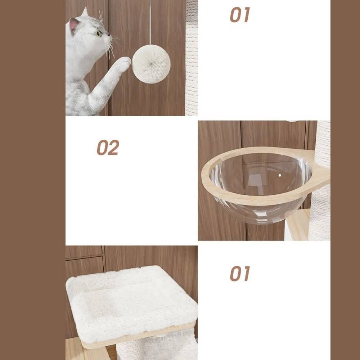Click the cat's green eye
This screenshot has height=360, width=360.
click(x=99, y=34)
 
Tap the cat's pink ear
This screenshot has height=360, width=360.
click(x=74, y=24)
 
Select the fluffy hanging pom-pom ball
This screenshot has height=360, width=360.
click(x=151, y=64)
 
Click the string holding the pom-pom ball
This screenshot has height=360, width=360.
click(x=150, y=22)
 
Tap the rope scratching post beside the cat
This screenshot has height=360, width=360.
click(x=192, y=58)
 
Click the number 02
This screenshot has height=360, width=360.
click(x=108, y=147)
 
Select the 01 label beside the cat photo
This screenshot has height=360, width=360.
click(x=240, y=15)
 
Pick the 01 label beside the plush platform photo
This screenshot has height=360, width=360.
click(x=240, y=274)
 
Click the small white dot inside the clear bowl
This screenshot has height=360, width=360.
click(x=280, y=175)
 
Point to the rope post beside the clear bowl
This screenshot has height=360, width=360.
click(x=321, y=181)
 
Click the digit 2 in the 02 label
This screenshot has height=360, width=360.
click(x=114, y=147)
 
